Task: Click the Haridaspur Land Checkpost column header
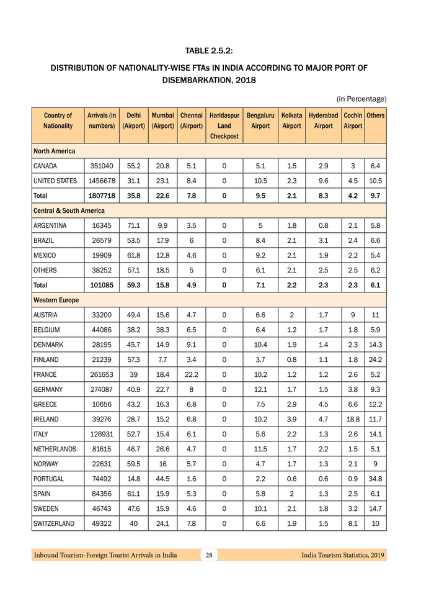pos(224,125)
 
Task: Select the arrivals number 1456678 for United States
pos(102,181)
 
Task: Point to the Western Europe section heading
pos(56,300)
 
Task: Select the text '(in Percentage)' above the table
pos(361,99)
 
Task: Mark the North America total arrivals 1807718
pos(102,196)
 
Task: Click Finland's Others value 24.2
pos(375,359)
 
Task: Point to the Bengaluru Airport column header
pos(260,120)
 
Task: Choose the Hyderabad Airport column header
pos(323,120)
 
